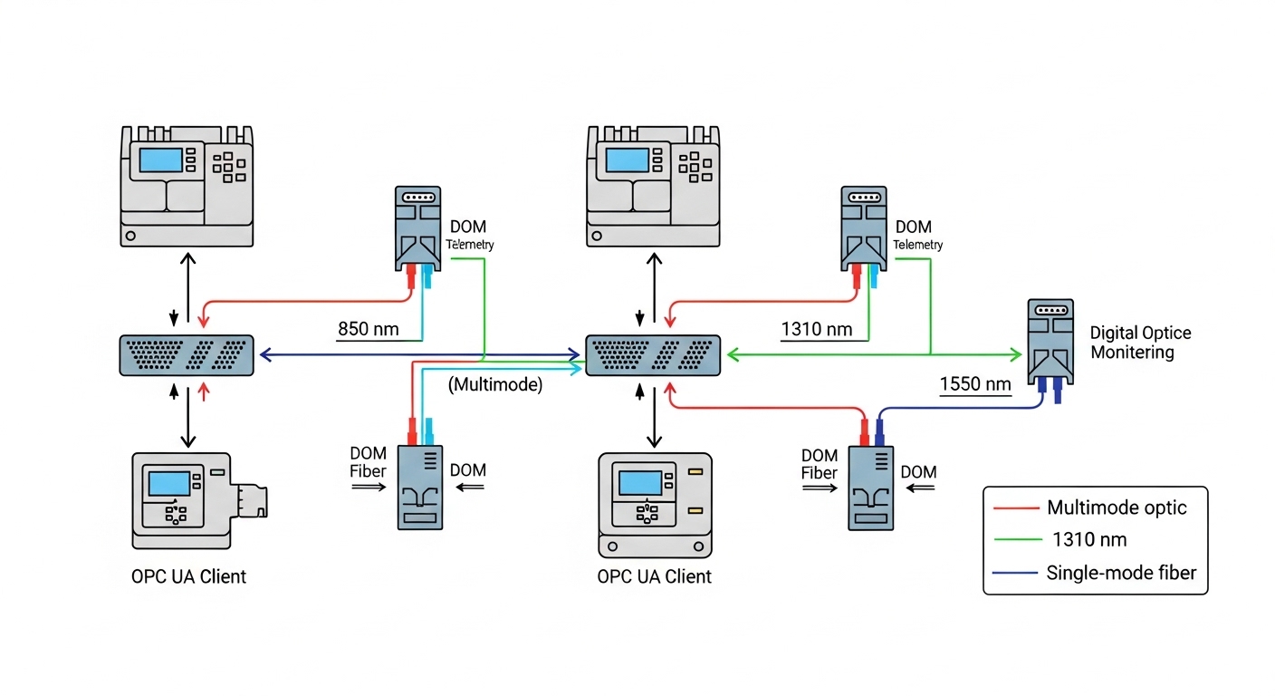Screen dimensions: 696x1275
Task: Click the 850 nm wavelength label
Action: (367, 328)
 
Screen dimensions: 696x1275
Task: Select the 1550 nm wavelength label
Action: (974, 384)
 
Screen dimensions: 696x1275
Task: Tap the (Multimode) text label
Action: (495, 384)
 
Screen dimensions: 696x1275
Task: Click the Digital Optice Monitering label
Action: (1140, 343)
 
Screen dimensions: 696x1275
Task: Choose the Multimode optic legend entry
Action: (1116, 507)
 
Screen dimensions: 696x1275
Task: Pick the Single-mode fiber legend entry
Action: (1120, 573)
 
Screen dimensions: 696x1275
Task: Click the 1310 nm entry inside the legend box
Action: (1089, 540)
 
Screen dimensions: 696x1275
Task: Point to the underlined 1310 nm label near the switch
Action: (816, 328)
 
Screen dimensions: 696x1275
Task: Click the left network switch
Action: (187, 354)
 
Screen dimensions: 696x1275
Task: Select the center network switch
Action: (653, 354)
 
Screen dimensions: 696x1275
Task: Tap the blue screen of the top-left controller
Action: (160, 159)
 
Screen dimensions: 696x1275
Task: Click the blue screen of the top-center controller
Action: (627, 159)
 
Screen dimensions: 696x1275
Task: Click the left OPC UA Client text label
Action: (188, 576)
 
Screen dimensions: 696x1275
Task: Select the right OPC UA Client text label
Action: (655, 576)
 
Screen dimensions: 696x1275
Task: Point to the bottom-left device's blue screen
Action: (168, 483)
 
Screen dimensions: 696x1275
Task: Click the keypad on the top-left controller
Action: (228, 166)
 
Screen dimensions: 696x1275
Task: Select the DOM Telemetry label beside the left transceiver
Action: (469, 234)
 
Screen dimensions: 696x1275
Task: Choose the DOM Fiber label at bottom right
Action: (820, 463)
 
